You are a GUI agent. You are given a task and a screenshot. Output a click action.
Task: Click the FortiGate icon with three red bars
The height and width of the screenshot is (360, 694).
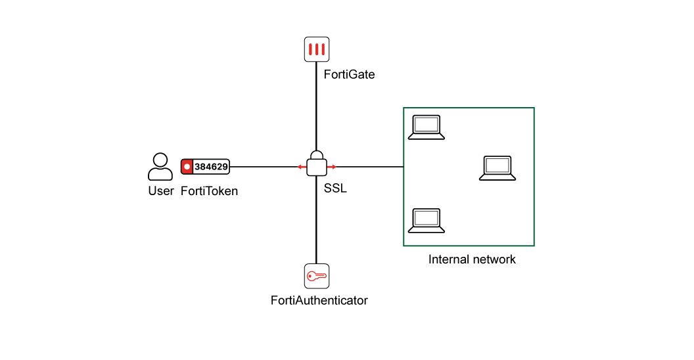317,49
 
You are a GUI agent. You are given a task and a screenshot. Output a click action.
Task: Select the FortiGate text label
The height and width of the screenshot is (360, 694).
349,74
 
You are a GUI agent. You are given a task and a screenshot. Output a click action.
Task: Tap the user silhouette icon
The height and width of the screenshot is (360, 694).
160,167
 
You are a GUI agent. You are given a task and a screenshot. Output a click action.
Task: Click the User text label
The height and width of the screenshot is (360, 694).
160,191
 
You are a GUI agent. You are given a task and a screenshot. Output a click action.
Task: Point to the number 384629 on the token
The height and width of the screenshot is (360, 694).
211,167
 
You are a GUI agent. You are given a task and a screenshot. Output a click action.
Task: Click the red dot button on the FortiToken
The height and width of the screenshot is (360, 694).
187,167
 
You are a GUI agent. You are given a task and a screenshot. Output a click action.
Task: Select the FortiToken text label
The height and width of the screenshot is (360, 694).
210,191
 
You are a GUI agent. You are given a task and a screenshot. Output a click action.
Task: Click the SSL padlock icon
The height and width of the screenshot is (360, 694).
317,164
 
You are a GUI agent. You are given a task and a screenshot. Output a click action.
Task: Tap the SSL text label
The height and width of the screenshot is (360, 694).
335,189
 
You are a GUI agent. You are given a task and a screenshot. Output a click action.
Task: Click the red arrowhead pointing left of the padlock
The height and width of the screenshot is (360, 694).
301,167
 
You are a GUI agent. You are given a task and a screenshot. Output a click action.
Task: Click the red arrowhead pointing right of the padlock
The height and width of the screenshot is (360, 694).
333,167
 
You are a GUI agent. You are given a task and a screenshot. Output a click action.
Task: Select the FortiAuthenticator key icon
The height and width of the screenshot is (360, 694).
317,276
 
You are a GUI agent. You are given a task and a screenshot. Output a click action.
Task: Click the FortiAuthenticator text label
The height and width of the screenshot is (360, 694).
319,300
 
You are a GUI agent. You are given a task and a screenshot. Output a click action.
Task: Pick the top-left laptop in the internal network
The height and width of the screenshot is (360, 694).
427,127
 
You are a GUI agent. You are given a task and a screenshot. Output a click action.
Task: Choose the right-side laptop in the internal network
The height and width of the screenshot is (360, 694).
497,168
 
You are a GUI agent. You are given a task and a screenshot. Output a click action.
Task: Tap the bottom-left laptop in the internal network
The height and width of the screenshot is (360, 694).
427,220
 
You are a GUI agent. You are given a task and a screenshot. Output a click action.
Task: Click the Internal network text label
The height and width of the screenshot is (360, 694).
472,259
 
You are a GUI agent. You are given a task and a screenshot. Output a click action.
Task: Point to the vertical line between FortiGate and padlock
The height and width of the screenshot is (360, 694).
316,106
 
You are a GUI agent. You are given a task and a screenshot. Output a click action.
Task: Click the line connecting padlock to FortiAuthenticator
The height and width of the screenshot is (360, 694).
316,220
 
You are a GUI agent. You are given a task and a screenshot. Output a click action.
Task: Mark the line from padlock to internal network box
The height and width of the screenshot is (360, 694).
370,167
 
